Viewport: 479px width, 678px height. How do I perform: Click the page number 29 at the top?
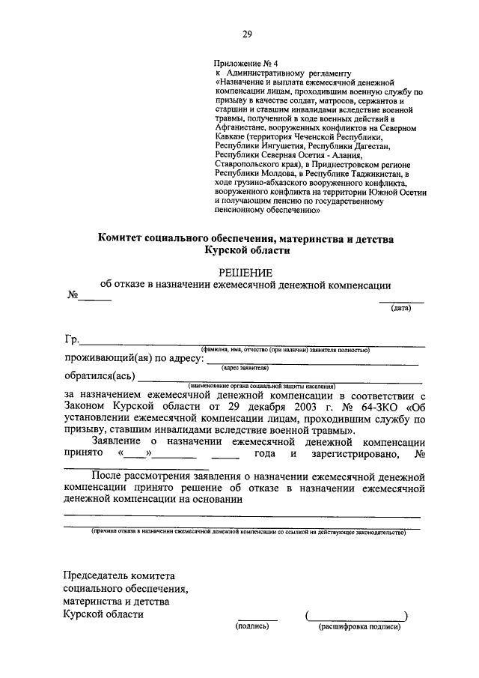tap(246, 34)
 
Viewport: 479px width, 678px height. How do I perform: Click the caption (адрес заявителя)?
tap(245, 368)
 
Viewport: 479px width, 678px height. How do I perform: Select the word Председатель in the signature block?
tap(98, 575)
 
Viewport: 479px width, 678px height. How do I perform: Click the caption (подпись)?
tap(252, 626)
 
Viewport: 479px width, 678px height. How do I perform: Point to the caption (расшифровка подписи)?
tap(359, 626)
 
